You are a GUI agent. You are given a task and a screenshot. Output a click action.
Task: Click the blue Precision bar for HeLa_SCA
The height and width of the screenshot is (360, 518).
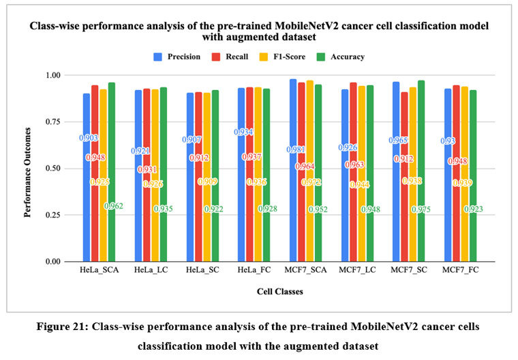[x=87, y=198]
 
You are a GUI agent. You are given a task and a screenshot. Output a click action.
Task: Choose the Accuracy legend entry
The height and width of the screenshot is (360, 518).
[x=343, y=57]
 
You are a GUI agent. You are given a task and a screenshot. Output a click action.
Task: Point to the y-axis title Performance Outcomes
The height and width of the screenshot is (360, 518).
[x=30, y=168]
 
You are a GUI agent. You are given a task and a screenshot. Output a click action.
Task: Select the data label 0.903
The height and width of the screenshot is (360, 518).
[x=88, y=138]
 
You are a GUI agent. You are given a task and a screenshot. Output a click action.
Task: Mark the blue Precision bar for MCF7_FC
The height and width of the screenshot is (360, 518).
[x=445, y=198]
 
